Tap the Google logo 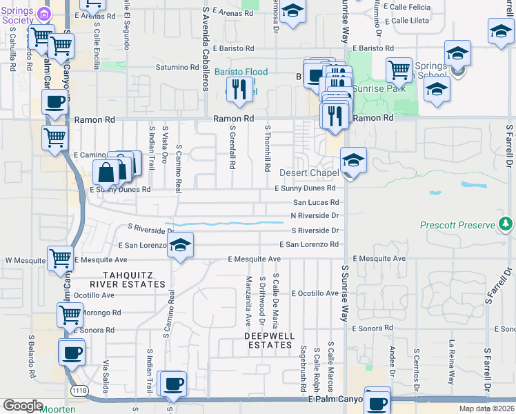(x=23, y=406)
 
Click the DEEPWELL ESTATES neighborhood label (x=270, y=340)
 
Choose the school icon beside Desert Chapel (x=353, y=161)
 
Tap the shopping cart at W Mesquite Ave (x=61, y=259)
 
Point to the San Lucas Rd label (x=316, y=202)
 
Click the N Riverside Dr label (x=315, y=215)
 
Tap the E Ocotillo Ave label (x=315, y=293)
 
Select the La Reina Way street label (x=453, y=359)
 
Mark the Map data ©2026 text (x=485, y=408)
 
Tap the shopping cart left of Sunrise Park (x=398, y=70)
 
